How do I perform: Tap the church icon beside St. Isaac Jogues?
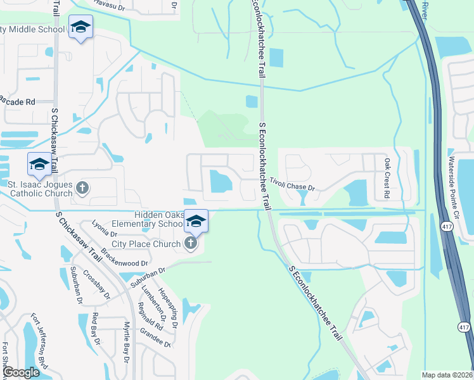(x=82, y=187)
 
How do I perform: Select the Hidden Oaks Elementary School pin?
(x=196, y=220)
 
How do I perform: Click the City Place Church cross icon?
(x=191, y=243)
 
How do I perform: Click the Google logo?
(x=21, y=372)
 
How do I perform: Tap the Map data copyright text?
(x=447, y=375)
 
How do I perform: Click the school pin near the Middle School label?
(x=80, y=28)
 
